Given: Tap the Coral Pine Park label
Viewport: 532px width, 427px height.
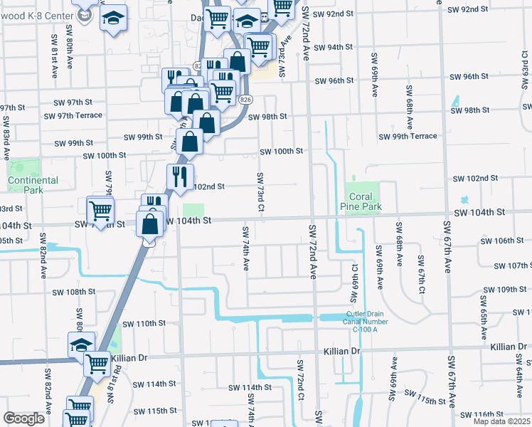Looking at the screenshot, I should tap(364, 202).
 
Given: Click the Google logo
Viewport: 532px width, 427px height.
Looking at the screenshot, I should tap(23, 418).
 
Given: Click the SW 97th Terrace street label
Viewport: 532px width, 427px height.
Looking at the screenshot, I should tap(73, 115).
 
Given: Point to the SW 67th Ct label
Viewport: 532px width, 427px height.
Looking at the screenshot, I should tap(421, 270).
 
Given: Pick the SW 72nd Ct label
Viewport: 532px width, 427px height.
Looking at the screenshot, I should tap(301, 385).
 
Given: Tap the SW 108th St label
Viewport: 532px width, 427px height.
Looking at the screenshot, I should tap(74, 292).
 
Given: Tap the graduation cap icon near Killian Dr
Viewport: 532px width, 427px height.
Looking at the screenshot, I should tap(80, 345).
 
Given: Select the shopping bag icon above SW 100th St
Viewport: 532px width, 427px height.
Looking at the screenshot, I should tap(189, 142).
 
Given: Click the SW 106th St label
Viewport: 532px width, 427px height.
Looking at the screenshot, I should tap(503, 241).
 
